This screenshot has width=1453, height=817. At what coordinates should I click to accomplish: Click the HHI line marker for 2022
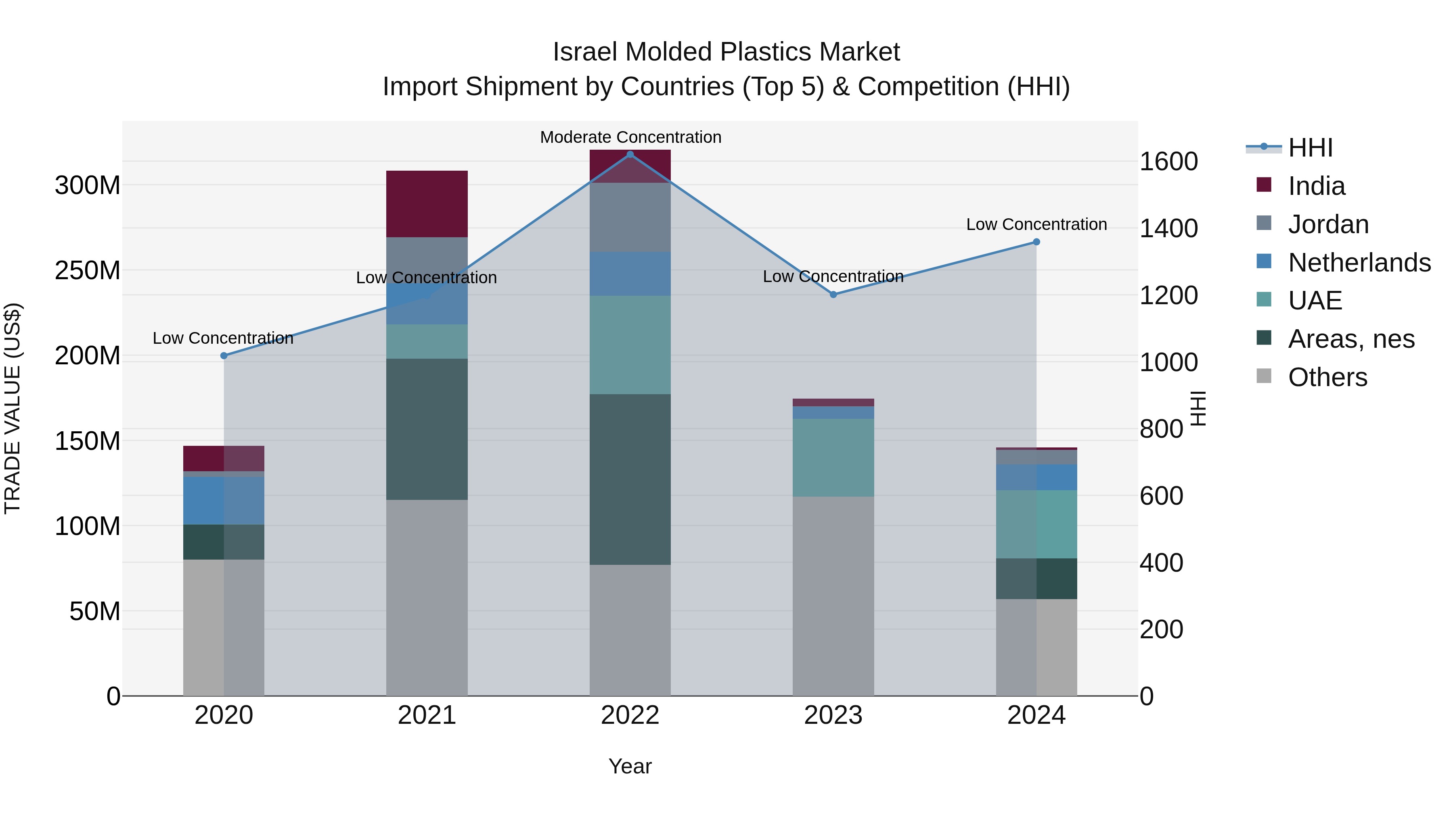pyautogui.click(x=630, y=155)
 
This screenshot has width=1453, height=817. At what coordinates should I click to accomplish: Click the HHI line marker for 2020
pyautogui.click(x=224, y=356)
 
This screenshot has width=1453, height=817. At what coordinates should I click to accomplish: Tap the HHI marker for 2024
pyautogui.click(x=1036, y=242)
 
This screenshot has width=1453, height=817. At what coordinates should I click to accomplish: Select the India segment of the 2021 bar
pyautogui.click(x=427, y=204)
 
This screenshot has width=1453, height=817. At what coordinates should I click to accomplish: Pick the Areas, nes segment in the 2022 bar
pyautogui.click(x=630, y=479)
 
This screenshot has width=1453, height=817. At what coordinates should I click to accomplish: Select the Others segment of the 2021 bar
pyautogui.click(x=427, y=598)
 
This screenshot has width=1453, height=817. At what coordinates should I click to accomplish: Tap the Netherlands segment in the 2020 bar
pyautogui.click(x=224, y=501)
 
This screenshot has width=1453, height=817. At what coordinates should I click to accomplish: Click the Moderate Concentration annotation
pyautogui.click(x=630, y=137)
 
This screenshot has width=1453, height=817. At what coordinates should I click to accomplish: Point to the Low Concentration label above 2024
pyautogui.click(x=1036, y=224)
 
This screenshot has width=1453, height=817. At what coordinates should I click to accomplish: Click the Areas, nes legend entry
pyautogui.click(x=1350, y=339)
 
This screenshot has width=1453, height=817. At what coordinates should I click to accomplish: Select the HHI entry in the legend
pyautogui.click(x=1310, y=148)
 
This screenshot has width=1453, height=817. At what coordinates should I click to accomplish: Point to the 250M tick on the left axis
pyautogui.click(x=88, y=271)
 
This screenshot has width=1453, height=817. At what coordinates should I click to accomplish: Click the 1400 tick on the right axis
pyautogui.click(x=1168, y=228)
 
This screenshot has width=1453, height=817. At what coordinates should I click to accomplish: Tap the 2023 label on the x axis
pyautogui.click(x=833, y=715)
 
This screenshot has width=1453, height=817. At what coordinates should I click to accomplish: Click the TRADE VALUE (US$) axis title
pyautogui.click(x=13, y=408)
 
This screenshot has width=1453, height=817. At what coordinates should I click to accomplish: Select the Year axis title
pyautogui.click(x=630, y=766)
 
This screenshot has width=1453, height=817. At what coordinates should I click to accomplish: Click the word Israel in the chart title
pyautogui.click(x=586, y=52)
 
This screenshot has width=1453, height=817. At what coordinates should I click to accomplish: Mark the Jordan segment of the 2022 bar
pyautogui.click(x=630, y=217)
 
